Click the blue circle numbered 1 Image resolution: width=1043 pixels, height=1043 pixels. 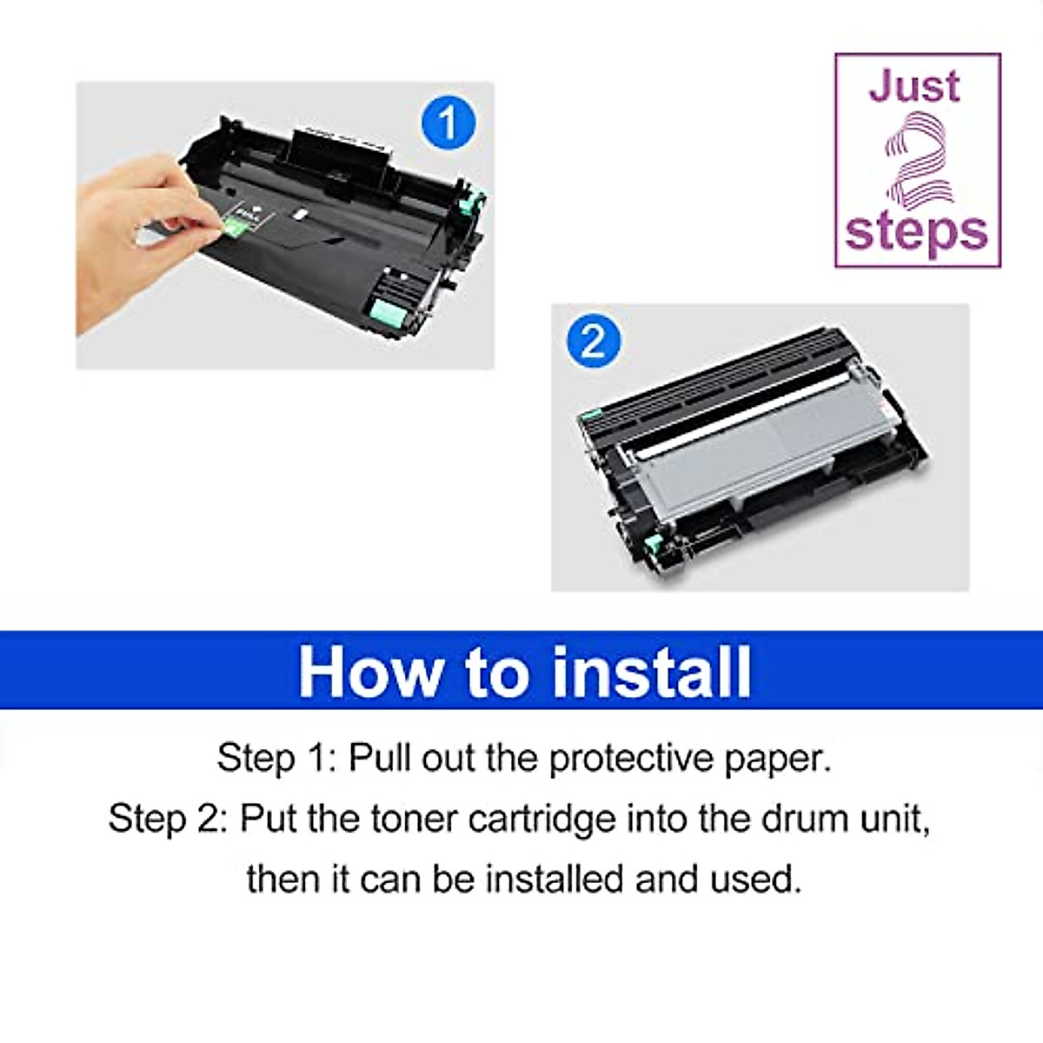pos(448,123)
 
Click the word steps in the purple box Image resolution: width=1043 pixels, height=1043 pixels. pos(916,232)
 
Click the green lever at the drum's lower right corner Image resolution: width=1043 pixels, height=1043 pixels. pos(385,312)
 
